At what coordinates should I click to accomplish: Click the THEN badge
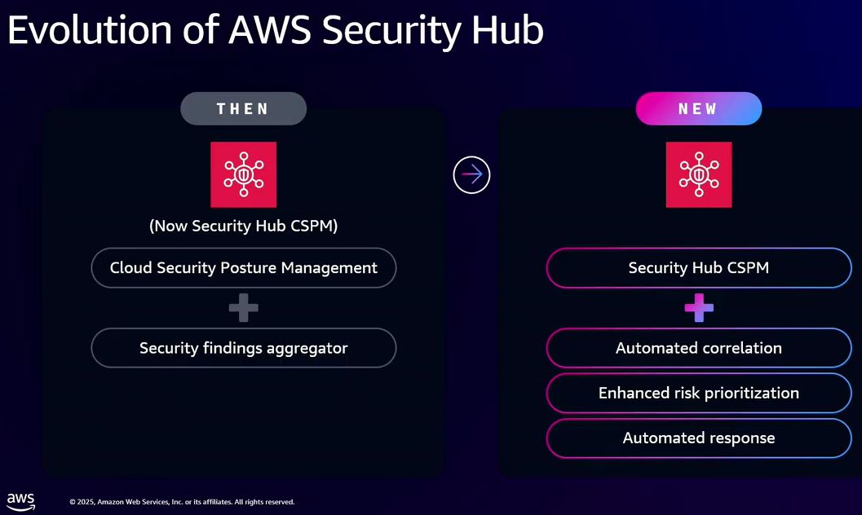[243, 108]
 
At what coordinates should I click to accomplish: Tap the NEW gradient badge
[698, 108]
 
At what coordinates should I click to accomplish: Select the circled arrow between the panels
[471, 174]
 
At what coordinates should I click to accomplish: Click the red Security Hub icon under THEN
[243, 174]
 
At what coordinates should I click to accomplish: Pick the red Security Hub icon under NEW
[698, 174]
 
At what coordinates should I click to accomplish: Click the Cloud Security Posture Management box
[243, 267]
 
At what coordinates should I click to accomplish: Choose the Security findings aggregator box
[243, 348]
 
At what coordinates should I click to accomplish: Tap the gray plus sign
[243, 308]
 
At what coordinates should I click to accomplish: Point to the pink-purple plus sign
[698, 308]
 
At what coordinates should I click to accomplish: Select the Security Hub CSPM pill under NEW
[698, 267]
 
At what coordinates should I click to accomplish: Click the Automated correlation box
[698, 348]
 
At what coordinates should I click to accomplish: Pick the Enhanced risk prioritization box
[698, 393]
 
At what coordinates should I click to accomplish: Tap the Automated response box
[698, 438]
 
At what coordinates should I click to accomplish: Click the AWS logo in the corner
[21, 500]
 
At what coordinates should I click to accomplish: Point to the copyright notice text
[181, 502]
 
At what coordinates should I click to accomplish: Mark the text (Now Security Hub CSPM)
[243, 226]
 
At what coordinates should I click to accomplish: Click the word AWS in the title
[270, 30]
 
